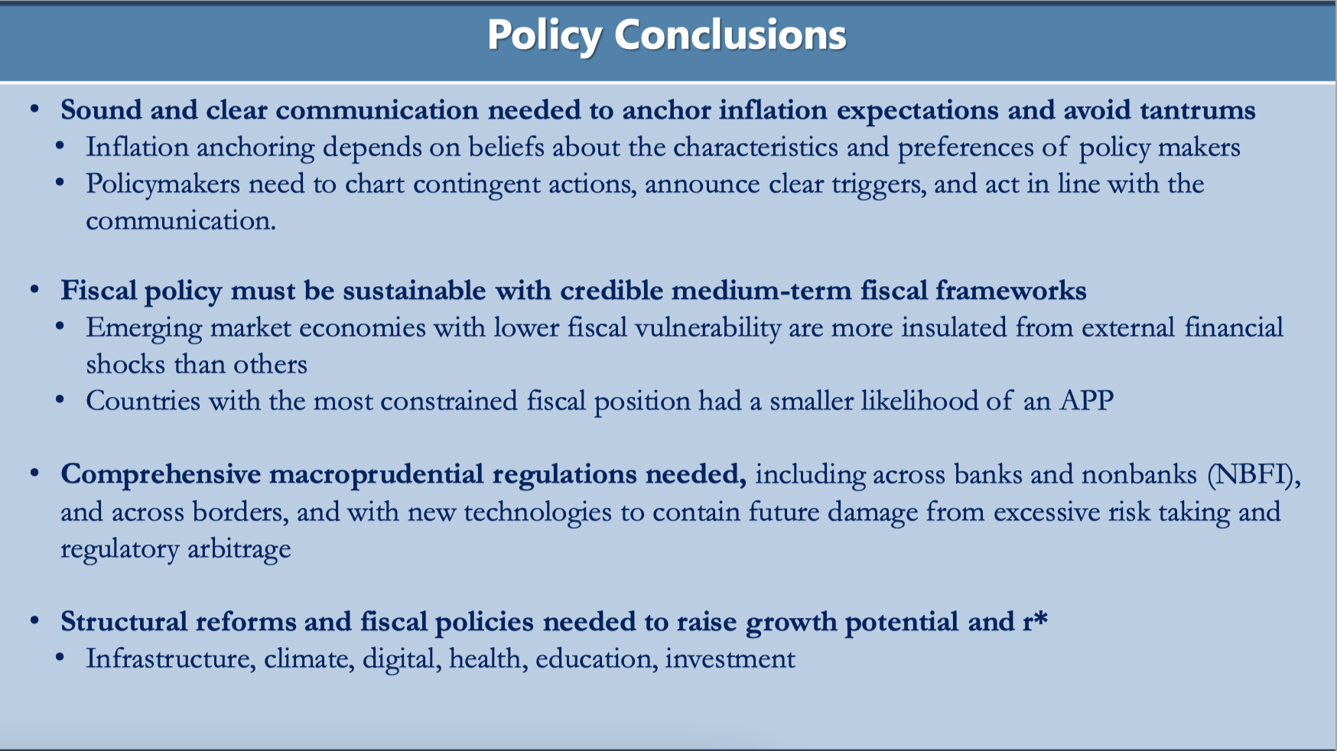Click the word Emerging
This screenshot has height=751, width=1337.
(x=144, y=328)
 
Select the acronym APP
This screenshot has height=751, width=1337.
(x=1086, y=401)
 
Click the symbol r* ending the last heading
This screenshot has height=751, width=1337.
(x=1034, y=621)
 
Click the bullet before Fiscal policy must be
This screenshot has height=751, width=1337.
(x=34, y=291)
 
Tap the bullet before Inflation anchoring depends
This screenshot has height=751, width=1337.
(x=60, y=147)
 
